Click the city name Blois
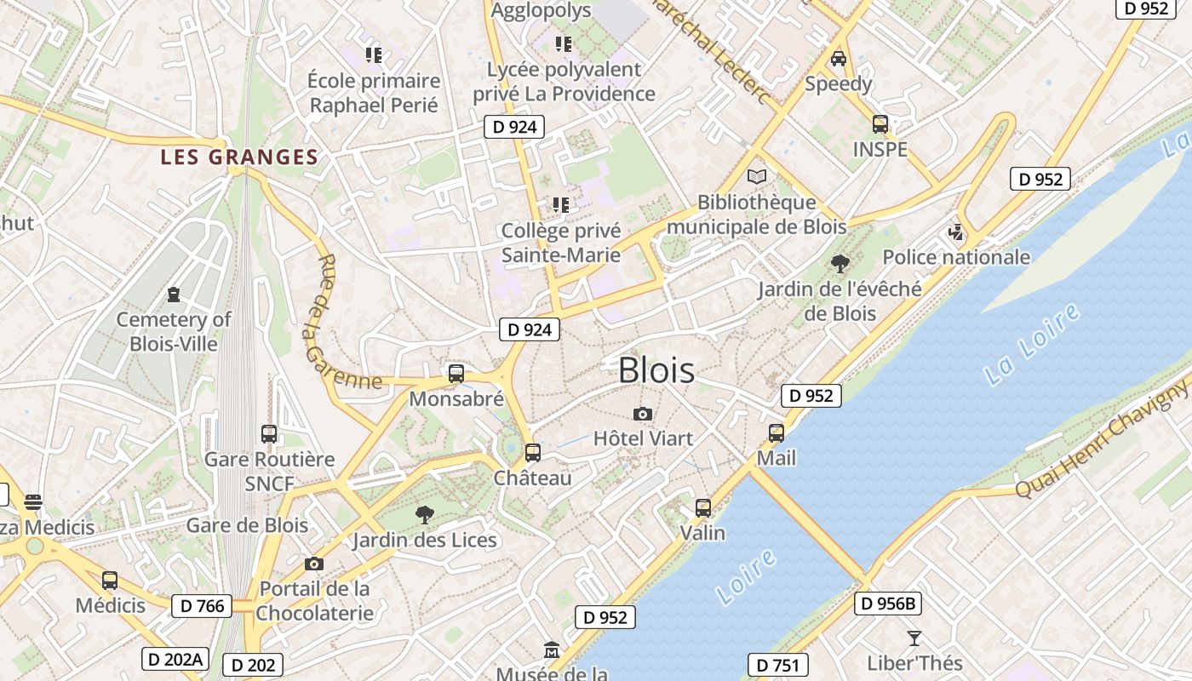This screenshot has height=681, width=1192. [656, 370]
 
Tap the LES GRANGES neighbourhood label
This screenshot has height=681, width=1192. [239, 157]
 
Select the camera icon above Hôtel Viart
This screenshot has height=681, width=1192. [643, 415]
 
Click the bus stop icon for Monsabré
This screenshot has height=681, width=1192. [456, 373]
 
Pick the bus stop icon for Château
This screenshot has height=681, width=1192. [533, 452]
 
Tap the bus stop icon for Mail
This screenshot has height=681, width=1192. [777, 432]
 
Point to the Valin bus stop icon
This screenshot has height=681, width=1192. [703, 507]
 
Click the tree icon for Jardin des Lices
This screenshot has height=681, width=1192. [424, 514]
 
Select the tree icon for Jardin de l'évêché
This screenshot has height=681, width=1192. [840, 264]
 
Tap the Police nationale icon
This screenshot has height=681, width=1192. [956, 232]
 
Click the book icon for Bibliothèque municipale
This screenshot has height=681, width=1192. [756, 177]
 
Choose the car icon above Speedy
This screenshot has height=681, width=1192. [839, 58]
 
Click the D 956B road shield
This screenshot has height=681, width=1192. [888, 604]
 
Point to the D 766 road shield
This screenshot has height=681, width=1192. [202, 606]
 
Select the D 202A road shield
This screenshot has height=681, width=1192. [175, 659]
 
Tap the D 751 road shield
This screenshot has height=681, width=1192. [777, 665]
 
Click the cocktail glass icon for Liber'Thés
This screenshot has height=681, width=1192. [914, 638]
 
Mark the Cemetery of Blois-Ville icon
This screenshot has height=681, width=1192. [174, 295]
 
